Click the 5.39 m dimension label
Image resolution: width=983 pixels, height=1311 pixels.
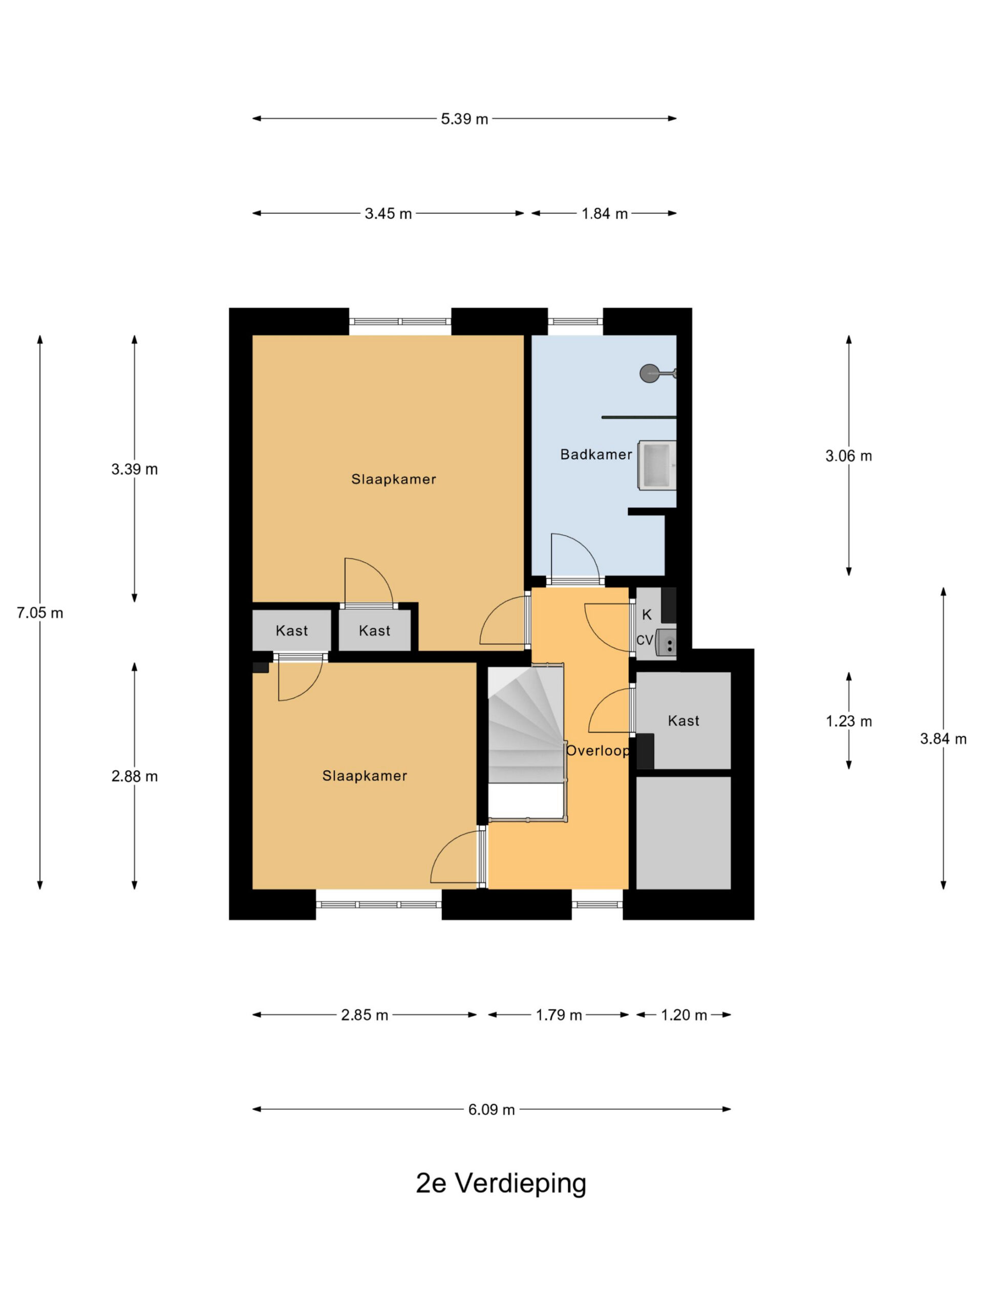click(x=464, y=118)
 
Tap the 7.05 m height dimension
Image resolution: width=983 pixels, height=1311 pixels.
click(x=40, y=613)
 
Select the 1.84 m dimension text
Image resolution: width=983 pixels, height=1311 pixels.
click(x=604, y=214)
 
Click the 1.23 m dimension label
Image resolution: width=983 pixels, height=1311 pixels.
click(x=848, y=721)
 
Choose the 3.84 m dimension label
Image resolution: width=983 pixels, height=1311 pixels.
click(x=943, y=738)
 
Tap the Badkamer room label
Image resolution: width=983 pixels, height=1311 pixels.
click(x=595, y=455)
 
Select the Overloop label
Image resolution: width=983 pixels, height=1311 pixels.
click(x=597, y=751)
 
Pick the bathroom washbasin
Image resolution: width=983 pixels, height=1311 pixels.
click(x=656, y=465)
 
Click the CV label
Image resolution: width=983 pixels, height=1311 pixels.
click(x=644, y=640)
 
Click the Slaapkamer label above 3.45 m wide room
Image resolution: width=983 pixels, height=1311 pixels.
click(x=393, y=479)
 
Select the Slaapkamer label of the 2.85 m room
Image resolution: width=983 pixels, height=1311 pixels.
click(x=365, y=776)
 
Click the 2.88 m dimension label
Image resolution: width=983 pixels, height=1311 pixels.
click(x=135, y=776)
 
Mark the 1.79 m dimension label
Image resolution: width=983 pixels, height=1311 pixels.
click(x=559, y=1015)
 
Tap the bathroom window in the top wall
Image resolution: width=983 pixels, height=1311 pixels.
click(x=575, y=322)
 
